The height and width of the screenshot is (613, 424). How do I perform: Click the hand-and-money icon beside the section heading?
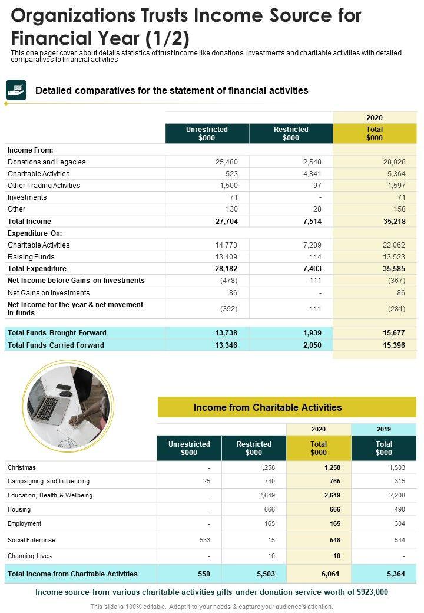[x=16, y=90]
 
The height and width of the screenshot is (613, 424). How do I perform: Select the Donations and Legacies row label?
[x=47, y=162]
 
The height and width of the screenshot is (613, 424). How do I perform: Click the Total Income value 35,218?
[x=393, y=222]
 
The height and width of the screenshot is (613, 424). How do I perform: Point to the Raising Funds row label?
[x=31, y=257]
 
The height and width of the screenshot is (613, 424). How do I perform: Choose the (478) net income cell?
[x=228, y=281]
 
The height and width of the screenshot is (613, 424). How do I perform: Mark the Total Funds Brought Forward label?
[x=57, y=333]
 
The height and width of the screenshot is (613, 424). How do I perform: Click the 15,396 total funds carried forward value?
[x=393, y=345]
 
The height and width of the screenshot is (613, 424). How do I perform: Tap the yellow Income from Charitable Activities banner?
[x=287, y=407]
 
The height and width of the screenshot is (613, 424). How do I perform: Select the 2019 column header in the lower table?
[x=383, y=429]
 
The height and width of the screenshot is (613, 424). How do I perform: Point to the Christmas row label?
[x=22, y=467]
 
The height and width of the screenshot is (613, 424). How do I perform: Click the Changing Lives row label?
[x=29, y=556]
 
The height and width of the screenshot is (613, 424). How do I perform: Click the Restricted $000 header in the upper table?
[x=291, y=134]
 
